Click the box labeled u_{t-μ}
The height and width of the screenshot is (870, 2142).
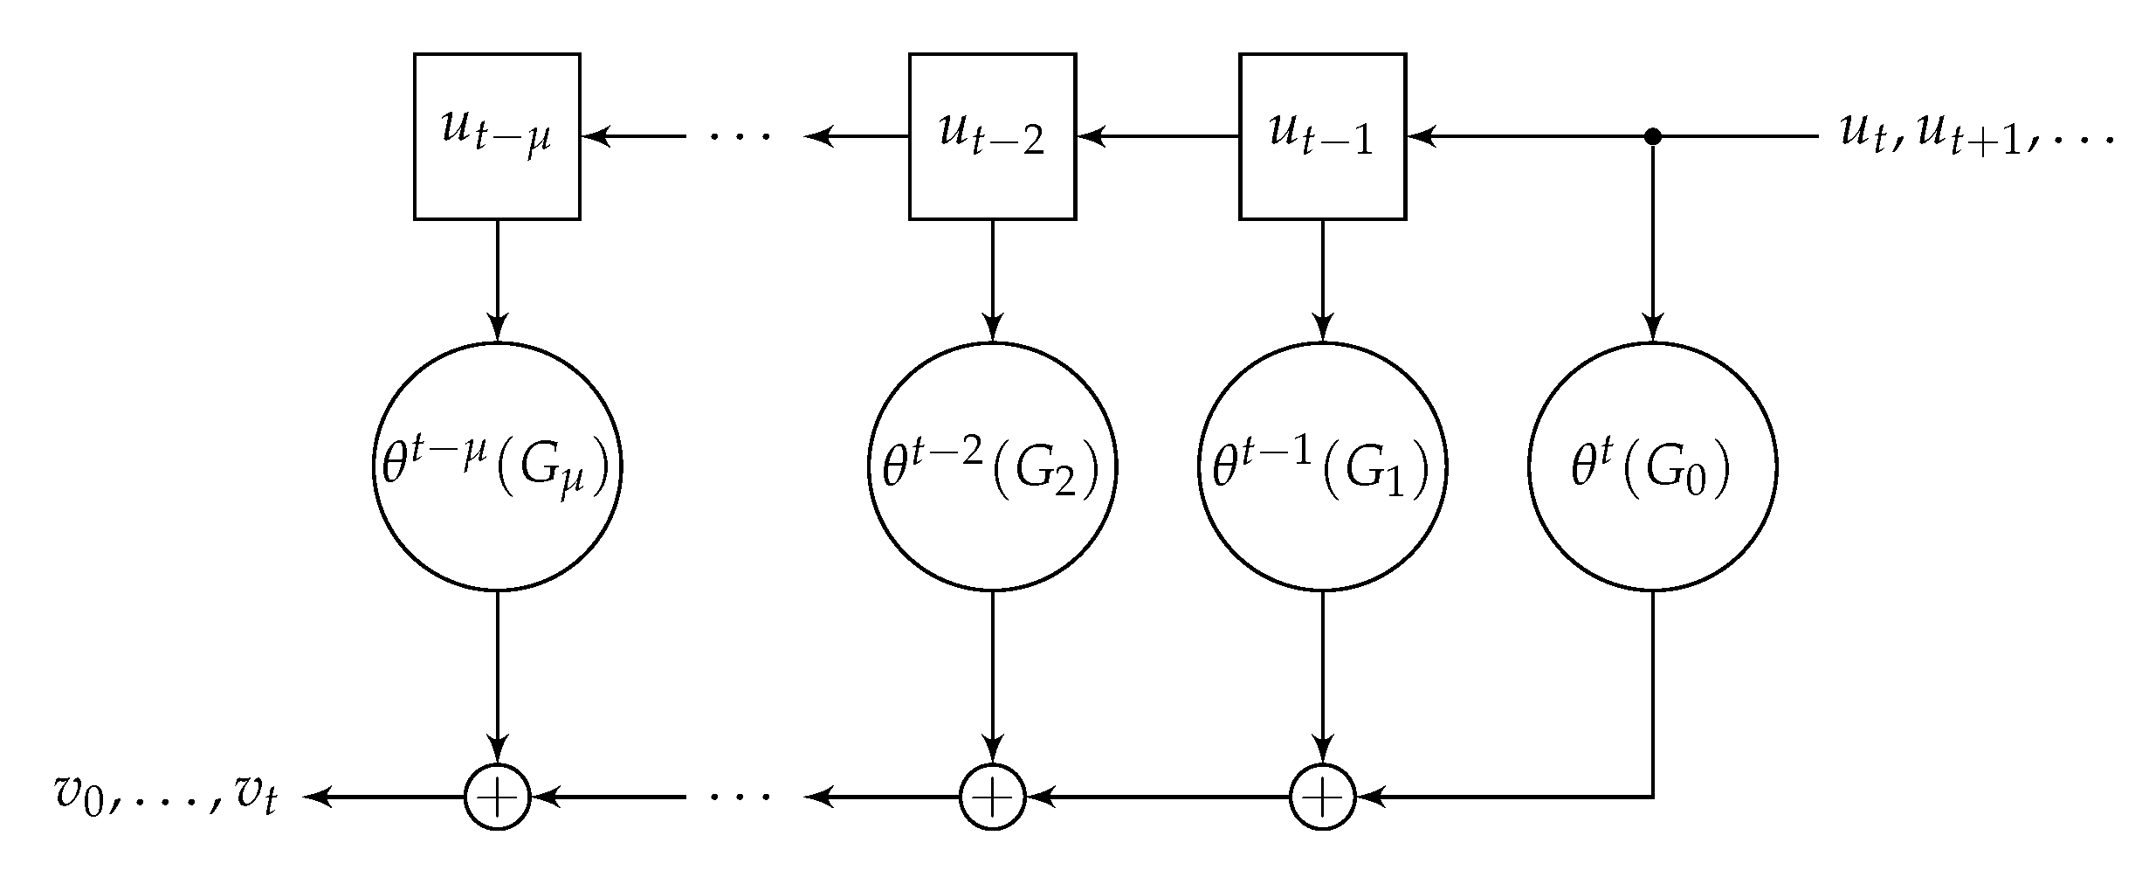pos(497,136)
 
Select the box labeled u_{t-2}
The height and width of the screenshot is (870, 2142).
pos(992,136)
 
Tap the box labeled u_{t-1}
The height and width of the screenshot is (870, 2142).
pos(1322,136)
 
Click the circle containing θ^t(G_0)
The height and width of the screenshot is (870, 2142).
pos(1652,467)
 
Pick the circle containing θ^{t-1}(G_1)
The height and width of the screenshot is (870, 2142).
pos(1322,467)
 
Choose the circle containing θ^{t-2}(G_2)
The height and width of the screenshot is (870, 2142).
pos(992,467)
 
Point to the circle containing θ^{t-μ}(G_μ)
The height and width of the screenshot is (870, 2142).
pos(497,467)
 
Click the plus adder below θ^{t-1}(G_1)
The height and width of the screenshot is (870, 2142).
pos(1322,797)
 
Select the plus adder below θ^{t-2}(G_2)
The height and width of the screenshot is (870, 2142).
pos(992,797)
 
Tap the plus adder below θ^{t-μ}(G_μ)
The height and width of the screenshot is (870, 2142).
pos(497,797)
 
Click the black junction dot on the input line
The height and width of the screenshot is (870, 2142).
pos(1652,136)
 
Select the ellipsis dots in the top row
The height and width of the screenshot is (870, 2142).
pos(740,136)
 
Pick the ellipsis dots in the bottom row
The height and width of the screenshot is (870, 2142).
pos(740,797)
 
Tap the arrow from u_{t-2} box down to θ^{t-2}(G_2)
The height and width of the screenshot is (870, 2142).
pos(992,280)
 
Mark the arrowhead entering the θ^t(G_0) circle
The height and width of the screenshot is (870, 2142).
pos(1652,332)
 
